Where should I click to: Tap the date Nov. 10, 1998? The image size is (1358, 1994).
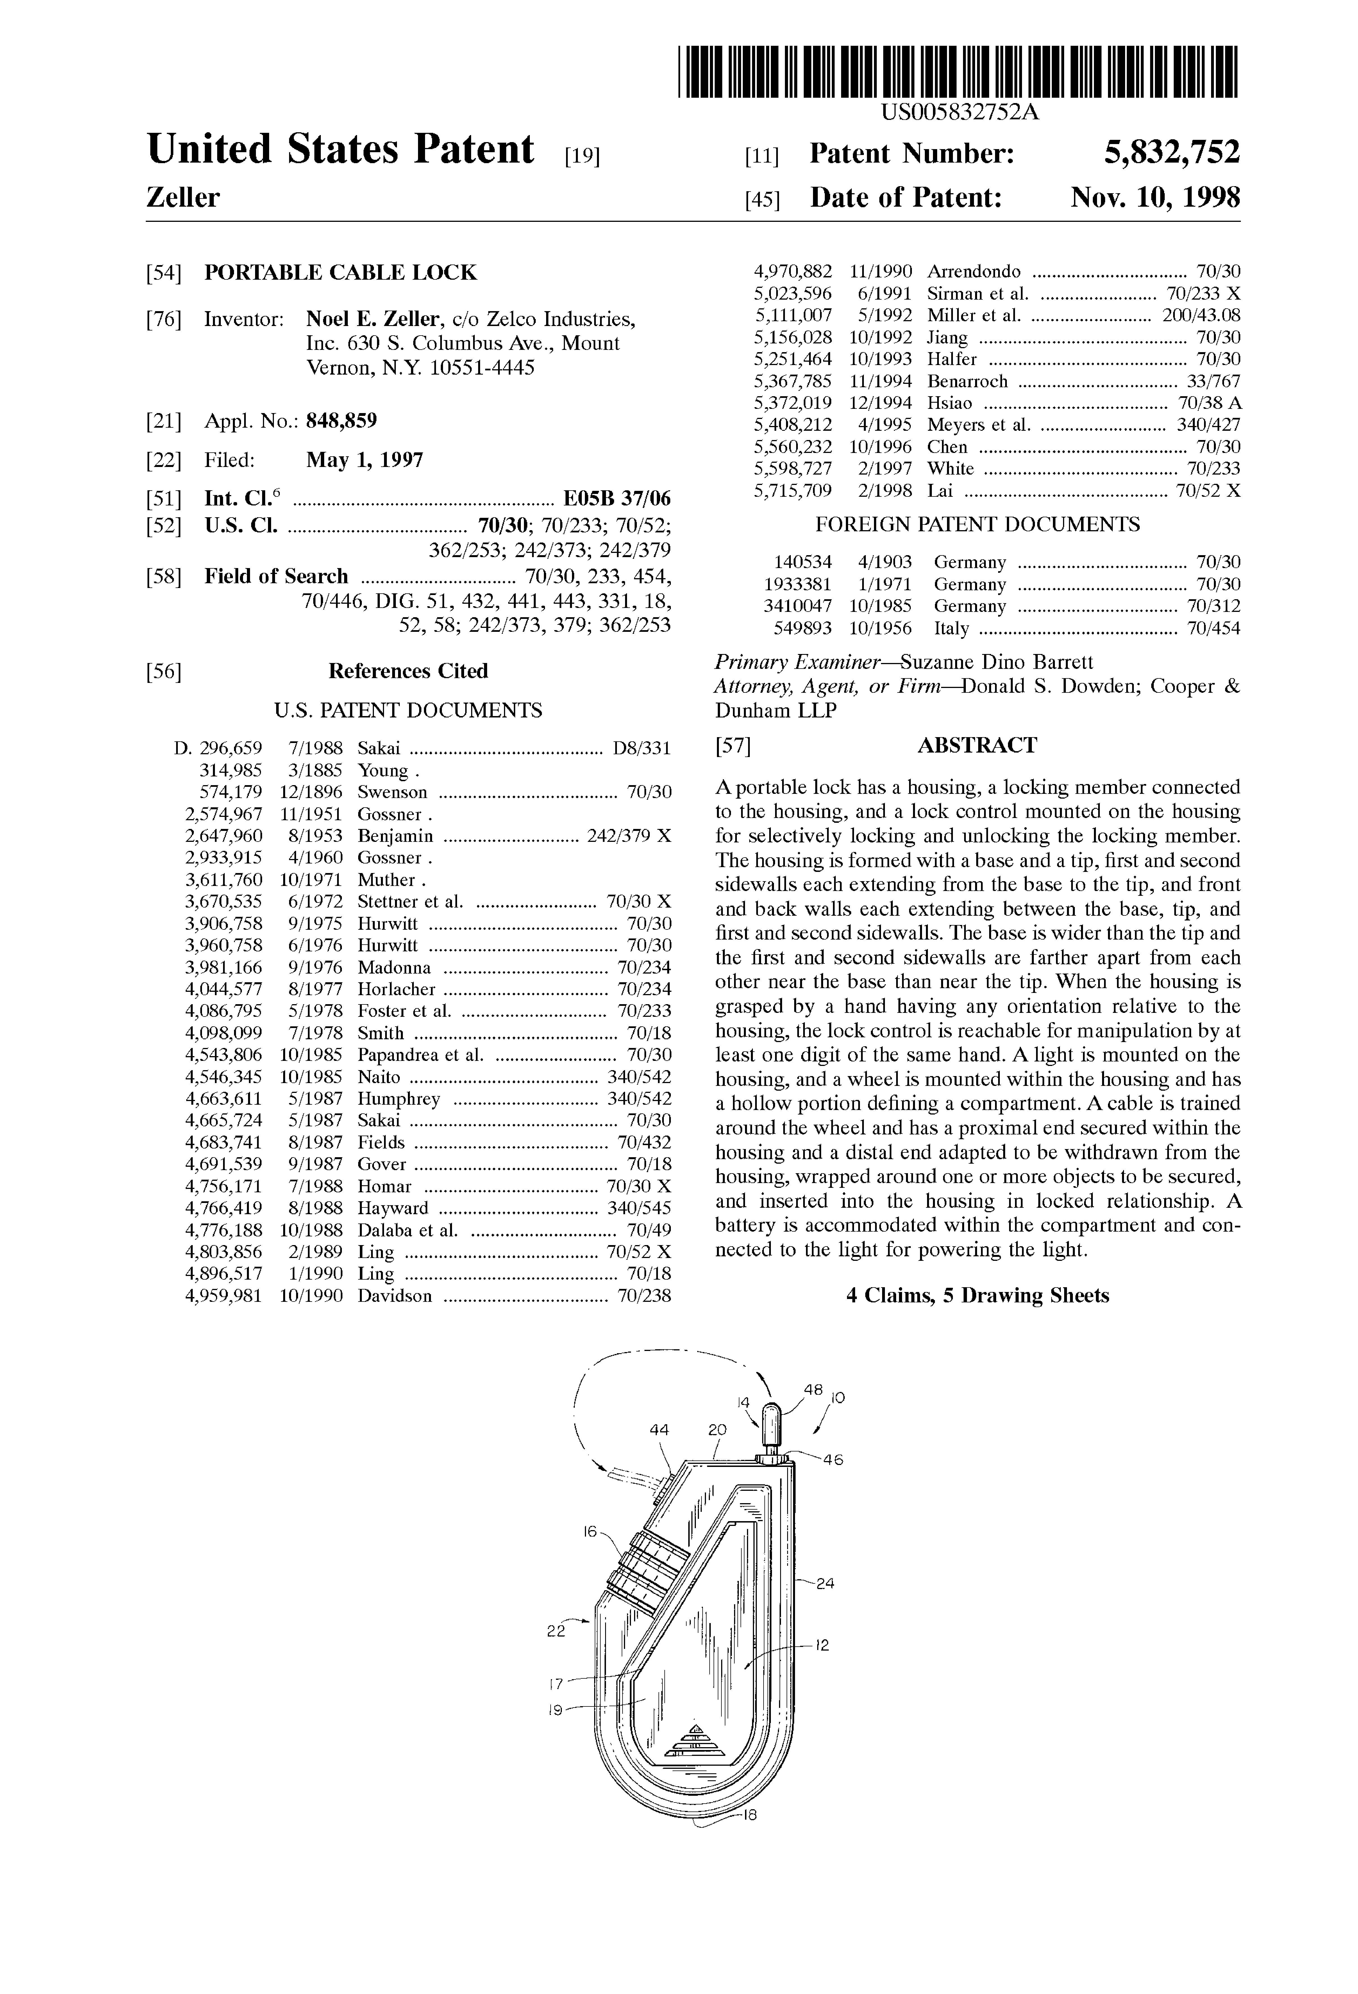tap(1155, 198)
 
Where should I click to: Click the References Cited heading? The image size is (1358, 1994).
tap(408, 671)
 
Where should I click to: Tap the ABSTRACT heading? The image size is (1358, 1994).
tap(977, 745)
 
